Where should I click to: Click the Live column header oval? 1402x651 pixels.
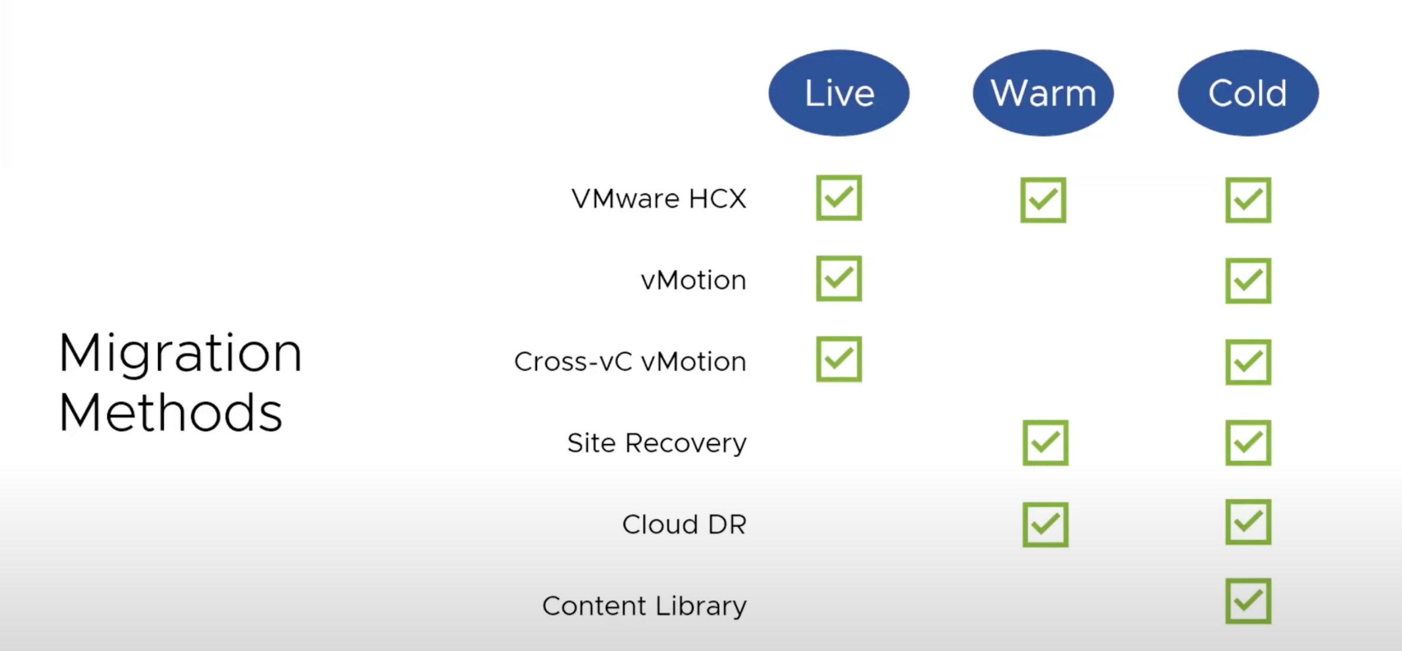[x=839, y=93]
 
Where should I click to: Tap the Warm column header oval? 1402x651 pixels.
[x=1043, y=93]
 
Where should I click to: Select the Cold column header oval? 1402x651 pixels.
[x=1248, y=93]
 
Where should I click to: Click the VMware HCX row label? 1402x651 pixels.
[x=659, y=199]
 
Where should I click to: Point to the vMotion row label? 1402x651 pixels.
[x=693, y=280]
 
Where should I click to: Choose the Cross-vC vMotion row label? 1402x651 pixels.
[x=630, y=361]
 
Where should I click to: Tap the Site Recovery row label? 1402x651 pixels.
[x=657, y=443]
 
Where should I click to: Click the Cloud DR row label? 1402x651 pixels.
[x=684, y=524]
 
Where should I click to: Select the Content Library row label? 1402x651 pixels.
[x=644, y=606]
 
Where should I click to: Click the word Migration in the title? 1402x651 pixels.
[x=180, y=354]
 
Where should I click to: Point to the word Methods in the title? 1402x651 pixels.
[x=170, y=413]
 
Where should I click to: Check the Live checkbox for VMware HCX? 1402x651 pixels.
[x=839, y=198]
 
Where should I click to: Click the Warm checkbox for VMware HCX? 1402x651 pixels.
[x=1043, y=200]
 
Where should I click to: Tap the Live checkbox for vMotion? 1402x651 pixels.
[x=839, y=278]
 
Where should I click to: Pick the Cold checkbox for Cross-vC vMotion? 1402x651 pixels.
[x=1248, y=362]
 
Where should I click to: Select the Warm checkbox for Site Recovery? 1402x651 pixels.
[x=1045, y=443]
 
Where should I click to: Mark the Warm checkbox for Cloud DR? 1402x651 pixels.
[x=1045, y=524]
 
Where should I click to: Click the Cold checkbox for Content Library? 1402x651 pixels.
[x=1248, y=601]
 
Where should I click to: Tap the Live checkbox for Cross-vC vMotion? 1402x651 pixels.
[x=839, y=359]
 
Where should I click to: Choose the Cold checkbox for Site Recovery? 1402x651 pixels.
[x=1248, y=443]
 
